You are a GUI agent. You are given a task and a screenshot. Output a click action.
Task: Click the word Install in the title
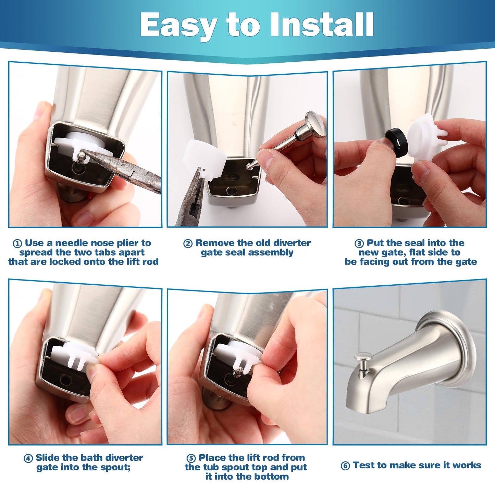tap(322, 25)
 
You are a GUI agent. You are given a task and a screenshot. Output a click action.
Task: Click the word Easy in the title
tap(178, 25)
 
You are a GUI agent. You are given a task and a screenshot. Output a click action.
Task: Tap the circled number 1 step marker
tap(17, 244)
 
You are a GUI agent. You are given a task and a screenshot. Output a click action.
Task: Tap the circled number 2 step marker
tap(188, 244)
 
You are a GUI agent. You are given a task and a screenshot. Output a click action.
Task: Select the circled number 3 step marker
tap(359, 244)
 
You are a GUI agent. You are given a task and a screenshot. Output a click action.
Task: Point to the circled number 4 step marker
tap(28, 458)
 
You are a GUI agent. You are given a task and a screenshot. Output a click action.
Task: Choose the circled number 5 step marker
tap(191, 458)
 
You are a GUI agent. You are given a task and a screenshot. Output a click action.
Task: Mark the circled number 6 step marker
tap(345, 466)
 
